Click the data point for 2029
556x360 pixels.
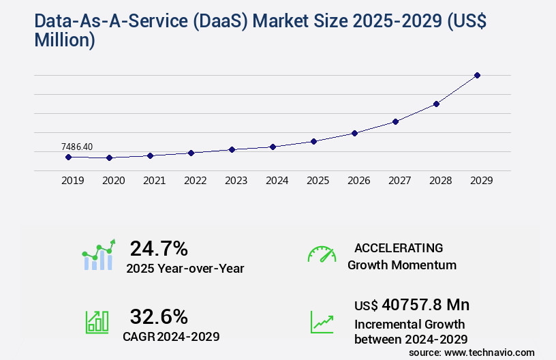tap(477, 75)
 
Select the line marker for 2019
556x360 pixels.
tap(68, 157)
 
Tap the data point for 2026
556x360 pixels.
tap(354, 133)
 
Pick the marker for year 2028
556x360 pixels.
tap(436, 104)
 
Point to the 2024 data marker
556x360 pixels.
tap(273, 147)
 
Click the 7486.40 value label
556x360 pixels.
tap(77, 147)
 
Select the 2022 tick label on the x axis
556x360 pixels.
tap(195, 181)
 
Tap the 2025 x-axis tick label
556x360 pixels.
tap(318, 181)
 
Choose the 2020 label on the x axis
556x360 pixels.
tap(113, 181)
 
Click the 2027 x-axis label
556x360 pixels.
tap(399, 181)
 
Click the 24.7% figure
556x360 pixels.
tap(159, 248)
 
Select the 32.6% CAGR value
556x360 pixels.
tap(159, 316)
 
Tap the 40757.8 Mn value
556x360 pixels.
tap(426, 305)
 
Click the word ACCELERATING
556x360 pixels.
tap(399, 248)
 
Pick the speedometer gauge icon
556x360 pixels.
tap(322, 254)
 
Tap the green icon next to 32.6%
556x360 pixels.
tap(97, 321)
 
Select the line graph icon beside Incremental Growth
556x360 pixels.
tap(322, 321)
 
